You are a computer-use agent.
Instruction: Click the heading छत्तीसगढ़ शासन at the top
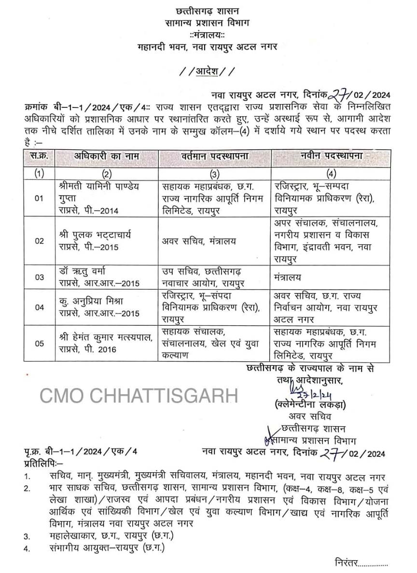(208, 10)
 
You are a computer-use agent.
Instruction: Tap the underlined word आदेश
(207, 71)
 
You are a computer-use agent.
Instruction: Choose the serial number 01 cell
(39, 198)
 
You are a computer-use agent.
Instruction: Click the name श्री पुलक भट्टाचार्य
(93, 235)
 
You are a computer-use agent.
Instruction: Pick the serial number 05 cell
(39, 343)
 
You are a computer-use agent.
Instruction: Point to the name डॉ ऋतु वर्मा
(81, 271)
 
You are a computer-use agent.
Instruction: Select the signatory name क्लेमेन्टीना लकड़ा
(309, 404)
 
